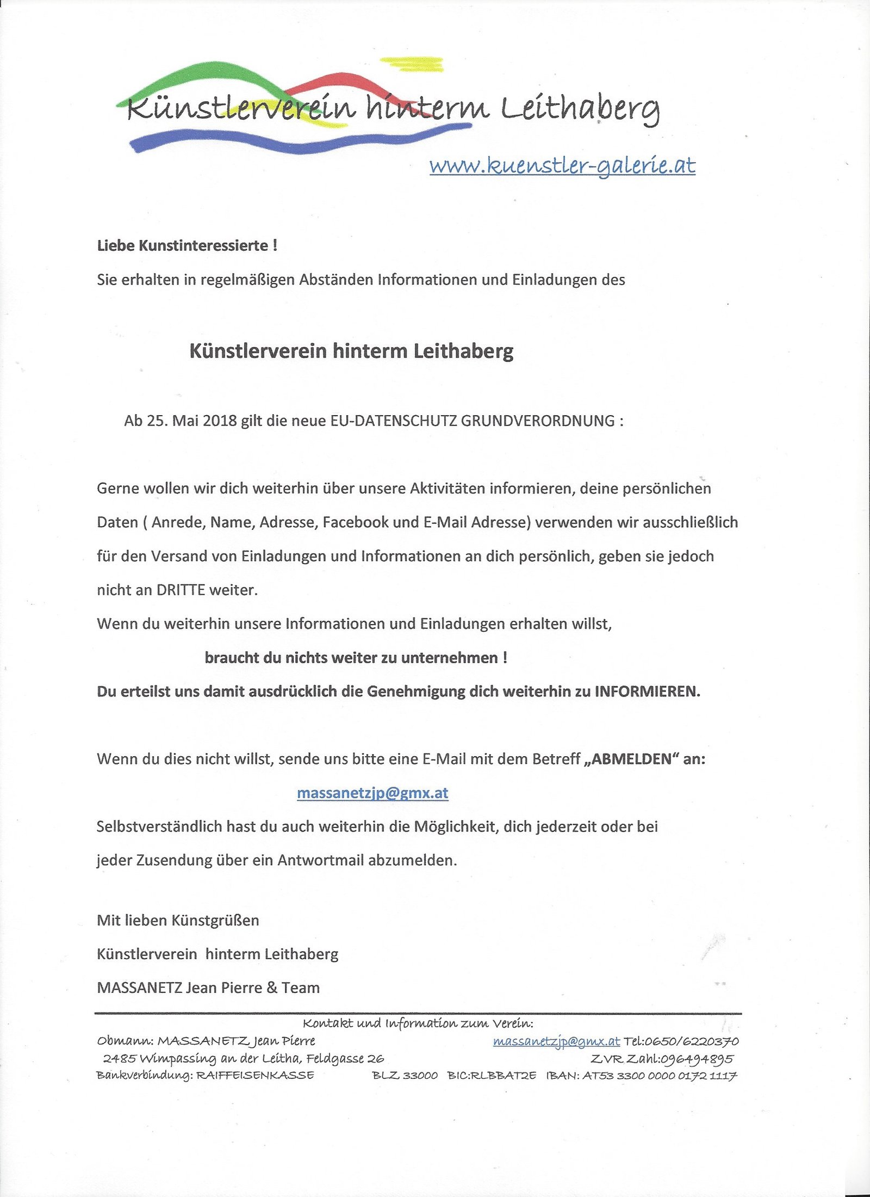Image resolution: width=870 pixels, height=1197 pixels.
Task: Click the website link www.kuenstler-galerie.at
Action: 562,165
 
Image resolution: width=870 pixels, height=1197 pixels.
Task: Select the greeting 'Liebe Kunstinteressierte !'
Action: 187,246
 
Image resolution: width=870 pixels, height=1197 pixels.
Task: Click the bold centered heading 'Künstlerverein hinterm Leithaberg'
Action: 351,351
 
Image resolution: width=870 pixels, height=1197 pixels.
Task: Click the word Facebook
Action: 356,522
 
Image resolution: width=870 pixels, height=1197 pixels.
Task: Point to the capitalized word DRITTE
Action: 181,590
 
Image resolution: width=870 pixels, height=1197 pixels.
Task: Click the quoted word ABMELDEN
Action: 631,759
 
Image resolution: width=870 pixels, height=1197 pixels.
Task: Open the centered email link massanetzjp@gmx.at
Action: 372,793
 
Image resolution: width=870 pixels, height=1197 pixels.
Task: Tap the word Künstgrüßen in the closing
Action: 215,920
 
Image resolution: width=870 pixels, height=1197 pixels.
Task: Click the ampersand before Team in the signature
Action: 272,988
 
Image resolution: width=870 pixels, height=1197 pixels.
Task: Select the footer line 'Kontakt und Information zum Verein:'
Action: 418,1023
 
